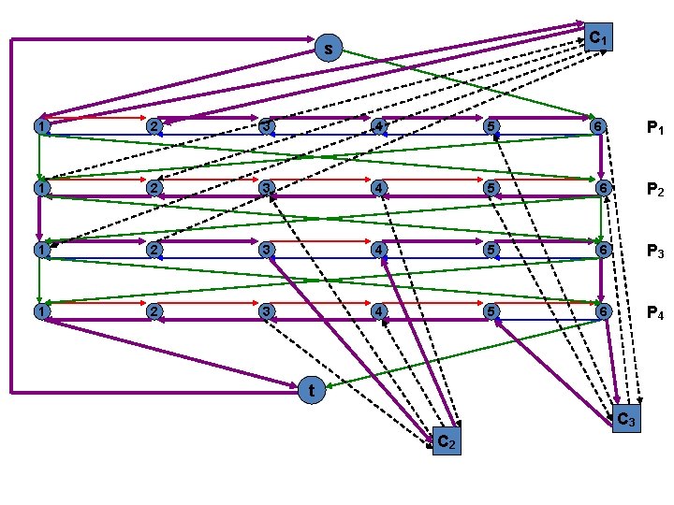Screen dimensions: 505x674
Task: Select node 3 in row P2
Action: tap(267, 188)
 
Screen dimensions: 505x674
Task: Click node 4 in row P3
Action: tap(378, 250)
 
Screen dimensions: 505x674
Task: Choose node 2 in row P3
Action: tap(155, 250)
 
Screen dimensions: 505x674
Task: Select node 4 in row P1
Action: tap(378, 126)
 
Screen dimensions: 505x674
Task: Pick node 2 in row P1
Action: tap(155, 126)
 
